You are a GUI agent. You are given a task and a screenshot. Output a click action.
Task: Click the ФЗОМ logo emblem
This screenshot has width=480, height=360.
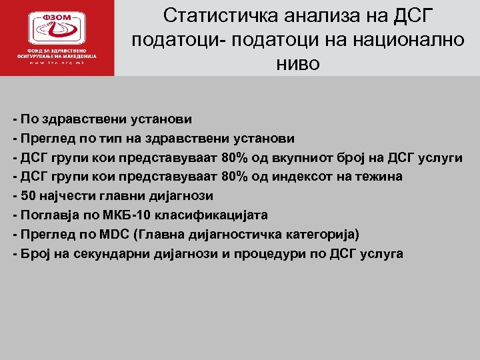57,27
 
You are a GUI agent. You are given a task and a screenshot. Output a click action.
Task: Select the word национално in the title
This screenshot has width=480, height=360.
407,40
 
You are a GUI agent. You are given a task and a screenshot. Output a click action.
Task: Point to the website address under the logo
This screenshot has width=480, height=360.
57,63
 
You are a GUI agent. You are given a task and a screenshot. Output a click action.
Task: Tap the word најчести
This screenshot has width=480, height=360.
66,196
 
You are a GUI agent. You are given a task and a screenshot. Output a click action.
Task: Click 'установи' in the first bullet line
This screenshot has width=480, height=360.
158,119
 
